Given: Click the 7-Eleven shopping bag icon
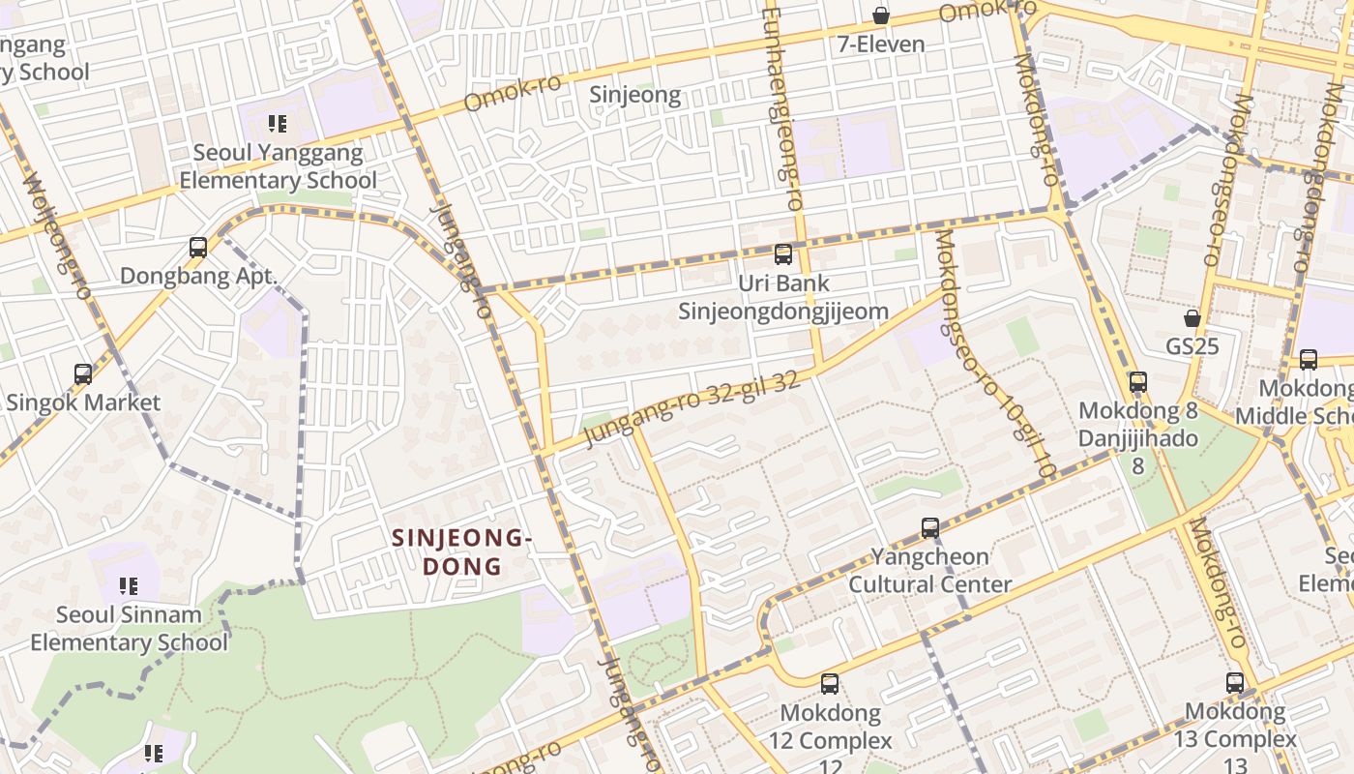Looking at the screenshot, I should (x=881, y=15).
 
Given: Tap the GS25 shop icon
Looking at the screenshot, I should (x=1192, y=318).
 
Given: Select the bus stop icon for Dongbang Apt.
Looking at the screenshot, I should (x=198, y=248).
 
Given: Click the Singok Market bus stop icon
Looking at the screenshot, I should (x=83, y=373).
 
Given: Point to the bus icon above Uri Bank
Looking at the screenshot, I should (x=783, y=255).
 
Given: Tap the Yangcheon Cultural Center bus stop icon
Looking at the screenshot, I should (x=930, y=528).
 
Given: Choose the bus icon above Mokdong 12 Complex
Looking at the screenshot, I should (x=830, y=684).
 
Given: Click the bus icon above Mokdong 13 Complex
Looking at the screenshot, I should (x=1235, y=683).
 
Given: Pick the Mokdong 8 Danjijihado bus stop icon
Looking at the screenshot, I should (x=1138, y=382).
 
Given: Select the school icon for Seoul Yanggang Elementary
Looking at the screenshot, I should (x=278, y=124).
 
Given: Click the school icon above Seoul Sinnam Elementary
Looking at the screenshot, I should (x=128, y=586).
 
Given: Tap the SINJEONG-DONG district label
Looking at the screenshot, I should (x=462, y=551).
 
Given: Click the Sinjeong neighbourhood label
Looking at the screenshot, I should (x=635, y=95).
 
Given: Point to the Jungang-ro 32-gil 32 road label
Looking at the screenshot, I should (x=692, y=410).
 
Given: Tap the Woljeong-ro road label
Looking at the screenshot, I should (x=55, y=237).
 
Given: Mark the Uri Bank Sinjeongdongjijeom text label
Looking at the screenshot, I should (x=783, y=297).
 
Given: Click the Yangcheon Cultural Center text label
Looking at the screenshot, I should (x=930, y=571).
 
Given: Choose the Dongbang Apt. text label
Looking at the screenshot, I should (x=198, y=276).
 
